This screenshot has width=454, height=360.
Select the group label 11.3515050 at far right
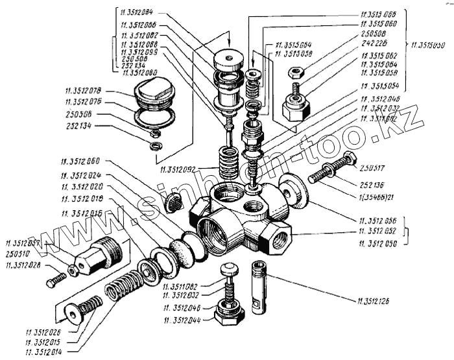[x=429, y=46]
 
